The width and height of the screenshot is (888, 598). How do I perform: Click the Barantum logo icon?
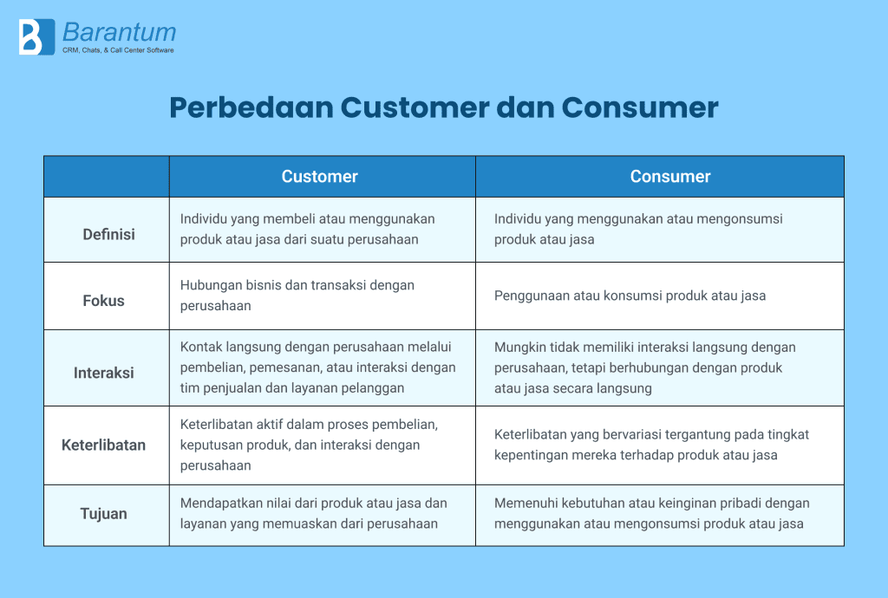pyautogui.click(x=30, y=37)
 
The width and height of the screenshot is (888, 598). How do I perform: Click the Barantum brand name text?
pyautogui.click(x=119, y=33)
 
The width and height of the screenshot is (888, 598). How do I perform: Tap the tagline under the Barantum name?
pyautogui.click(x=118, y=50)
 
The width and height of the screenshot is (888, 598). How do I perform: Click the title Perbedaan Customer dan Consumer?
pyautogui.click(x=443, y=107)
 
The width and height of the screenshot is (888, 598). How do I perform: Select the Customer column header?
pyautogui.click(x=319, y=176)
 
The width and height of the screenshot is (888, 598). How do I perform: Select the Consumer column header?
pyautogui.click(x=669, y=176)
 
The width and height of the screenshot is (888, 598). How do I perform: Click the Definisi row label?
pyautogui.click(x=108, y=234)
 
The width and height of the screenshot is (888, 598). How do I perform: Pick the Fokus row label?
pyautogui.click(x=104, y=301)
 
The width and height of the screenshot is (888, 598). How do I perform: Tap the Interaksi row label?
pyautogui.click(x=104, y=373)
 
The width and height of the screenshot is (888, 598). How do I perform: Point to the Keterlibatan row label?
pyautogui.click(x=104, y=445)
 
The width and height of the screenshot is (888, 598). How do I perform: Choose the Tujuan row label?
pyautogui.click(x=104, y=513)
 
